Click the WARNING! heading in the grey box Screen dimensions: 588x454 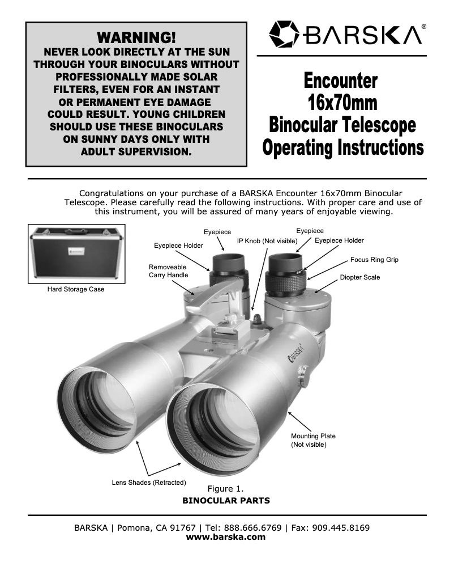pos(136,37)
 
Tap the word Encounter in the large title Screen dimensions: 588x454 pos(341,80)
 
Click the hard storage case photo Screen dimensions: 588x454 pos(76,253)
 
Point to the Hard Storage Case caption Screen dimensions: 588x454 pos(76,289)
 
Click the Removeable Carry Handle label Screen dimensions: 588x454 pos(169,270)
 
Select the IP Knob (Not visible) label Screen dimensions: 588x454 pos(267,241)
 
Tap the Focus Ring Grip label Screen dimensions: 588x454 pos(374,260)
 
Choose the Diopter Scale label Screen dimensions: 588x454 pos(360,277)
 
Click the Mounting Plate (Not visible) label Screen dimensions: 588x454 pos(313,440)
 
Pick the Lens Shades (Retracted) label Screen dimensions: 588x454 pos(149,483)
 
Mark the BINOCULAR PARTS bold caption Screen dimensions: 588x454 pos(226,501)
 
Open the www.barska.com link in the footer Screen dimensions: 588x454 pos(226,537)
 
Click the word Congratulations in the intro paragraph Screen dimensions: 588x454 pos(113,193)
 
